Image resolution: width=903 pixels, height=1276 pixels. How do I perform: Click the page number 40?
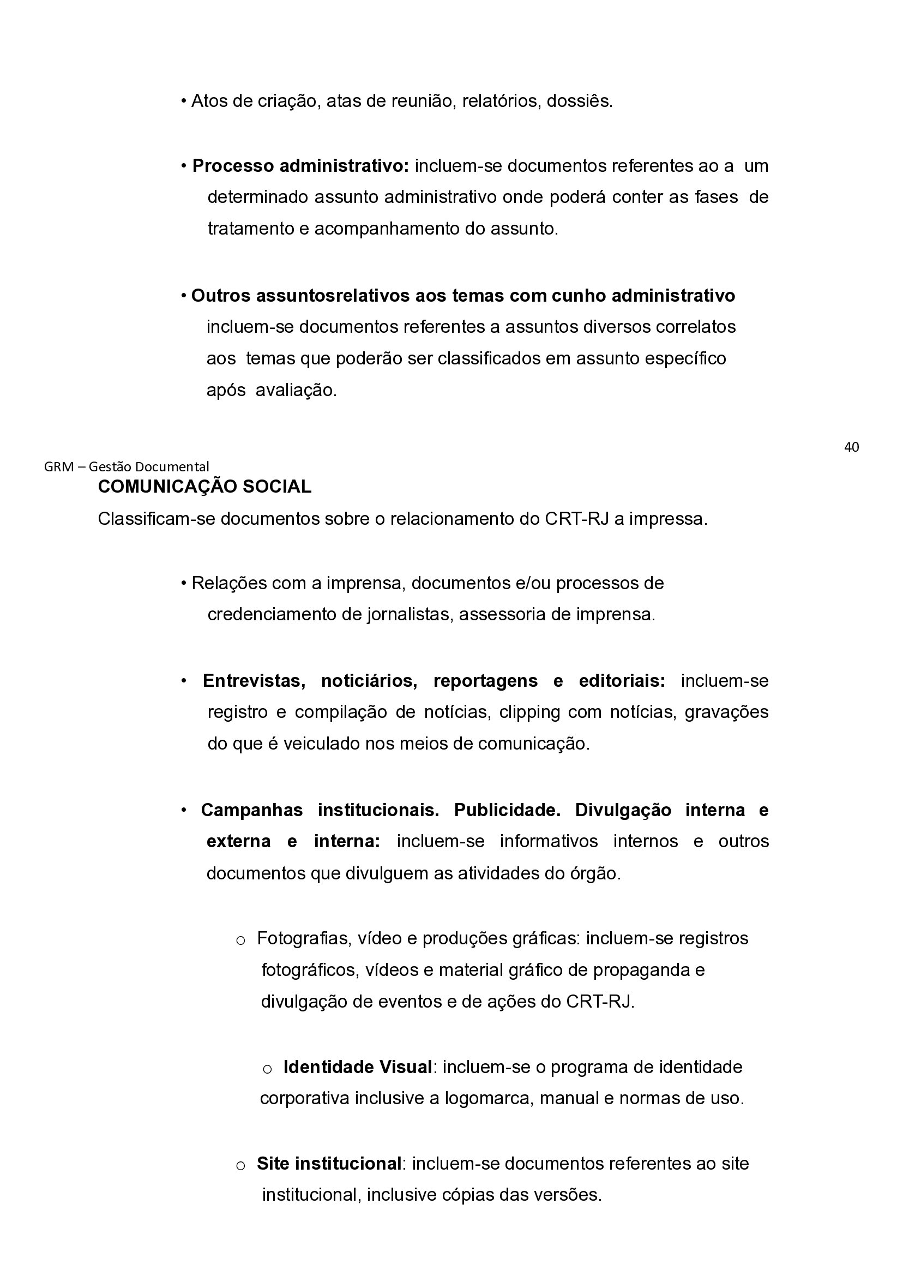[851, 447]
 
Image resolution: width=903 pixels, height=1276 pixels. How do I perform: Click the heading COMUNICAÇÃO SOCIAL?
[204, 487]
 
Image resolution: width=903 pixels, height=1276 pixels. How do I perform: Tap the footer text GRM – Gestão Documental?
[126, 466]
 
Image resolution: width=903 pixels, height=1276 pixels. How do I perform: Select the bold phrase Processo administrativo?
[300, 166]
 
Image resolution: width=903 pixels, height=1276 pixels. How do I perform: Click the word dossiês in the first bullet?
[579, 101]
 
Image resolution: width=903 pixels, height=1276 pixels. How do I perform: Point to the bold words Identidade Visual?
[358, 1067]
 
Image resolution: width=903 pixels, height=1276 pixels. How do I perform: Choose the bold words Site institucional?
[329, 1163]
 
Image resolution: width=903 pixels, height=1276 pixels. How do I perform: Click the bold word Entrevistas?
[254, 681]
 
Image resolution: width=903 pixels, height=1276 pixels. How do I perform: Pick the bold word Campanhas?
[252, 810]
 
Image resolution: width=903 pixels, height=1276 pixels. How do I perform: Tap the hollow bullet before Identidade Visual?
[267, 1069]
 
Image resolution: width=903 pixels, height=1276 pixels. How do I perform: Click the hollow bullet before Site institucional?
[240, 1165]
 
